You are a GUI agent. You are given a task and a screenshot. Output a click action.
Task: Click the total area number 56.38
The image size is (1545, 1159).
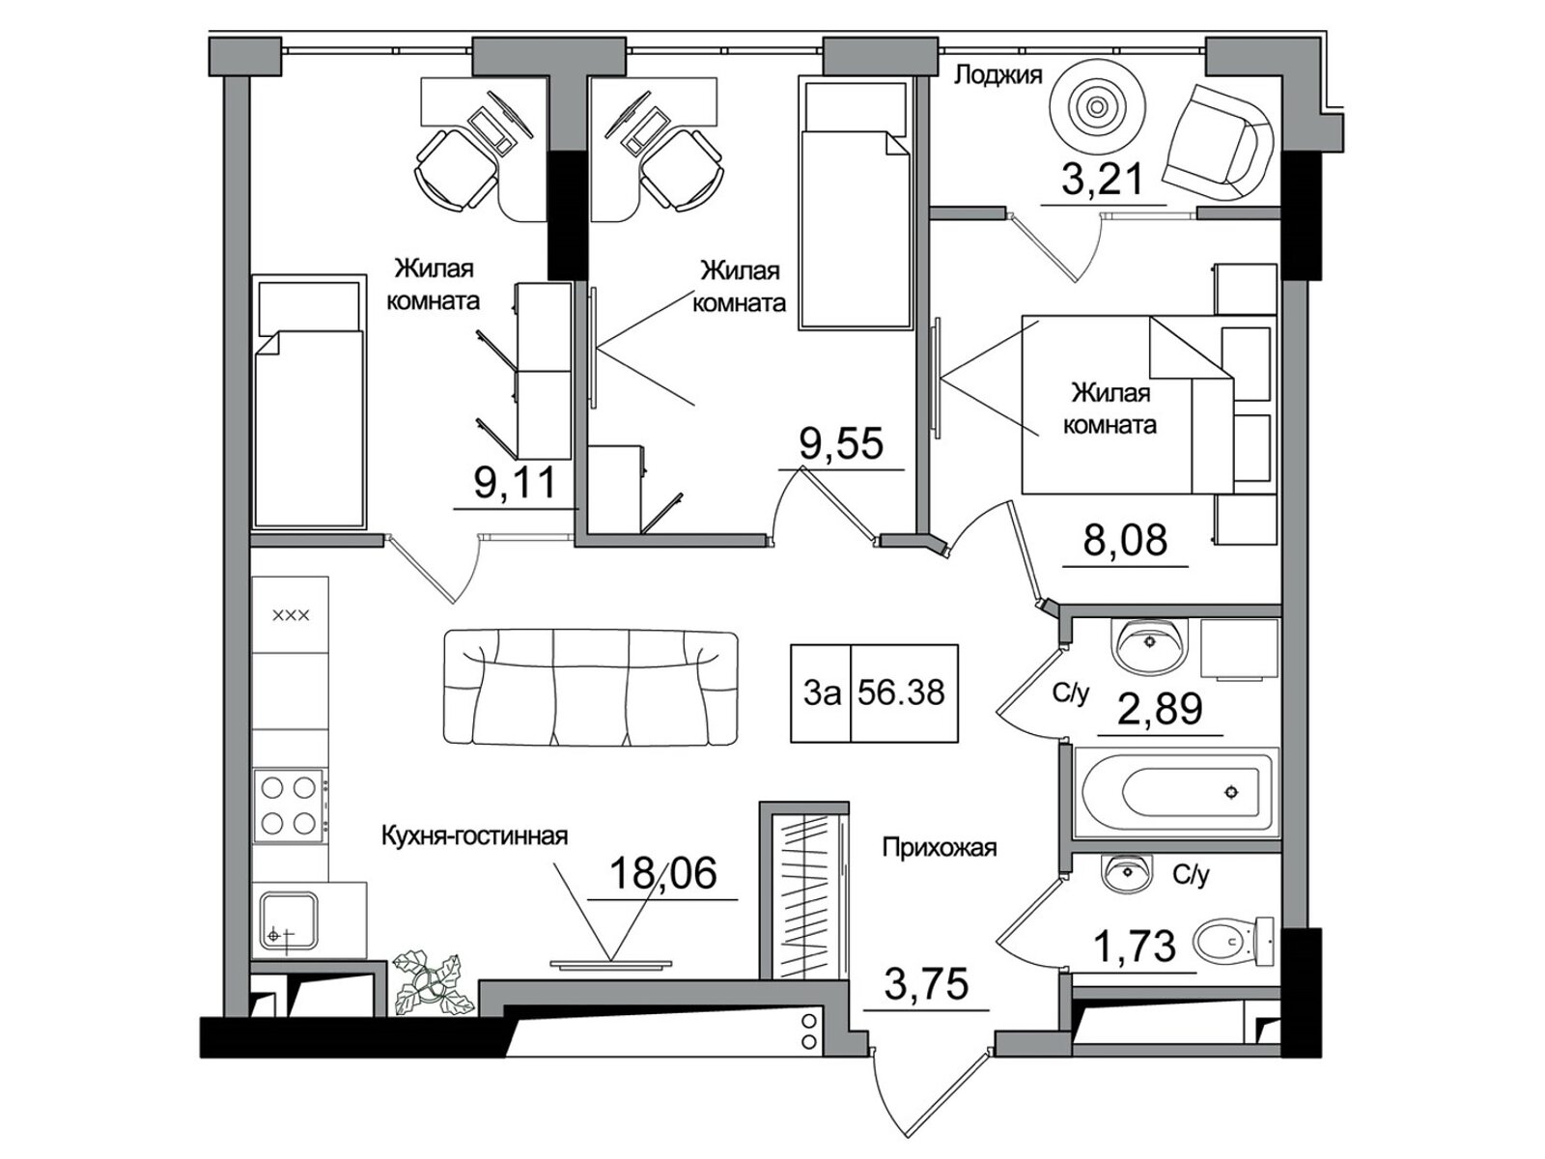pos(901,693)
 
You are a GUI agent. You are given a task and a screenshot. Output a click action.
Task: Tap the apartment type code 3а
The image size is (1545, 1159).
pos(822,693)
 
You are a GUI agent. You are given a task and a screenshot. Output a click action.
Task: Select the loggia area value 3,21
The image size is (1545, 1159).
pos(1101,181)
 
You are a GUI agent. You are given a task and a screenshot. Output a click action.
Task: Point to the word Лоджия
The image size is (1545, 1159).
pos(997,75)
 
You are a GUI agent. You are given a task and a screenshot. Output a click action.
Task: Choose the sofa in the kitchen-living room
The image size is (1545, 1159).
pos(591,688)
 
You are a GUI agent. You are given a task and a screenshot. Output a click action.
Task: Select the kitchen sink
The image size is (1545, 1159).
pos(290,921)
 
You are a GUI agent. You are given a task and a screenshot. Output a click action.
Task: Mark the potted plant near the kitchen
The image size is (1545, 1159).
pos(430,983)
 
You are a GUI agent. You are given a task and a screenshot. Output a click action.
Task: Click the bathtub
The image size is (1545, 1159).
pos(1175,792)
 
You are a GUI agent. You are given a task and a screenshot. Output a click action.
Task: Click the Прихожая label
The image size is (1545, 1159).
pos(939,847)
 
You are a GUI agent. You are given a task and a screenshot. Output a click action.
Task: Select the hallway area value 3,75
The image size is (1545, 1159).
pos(926,984)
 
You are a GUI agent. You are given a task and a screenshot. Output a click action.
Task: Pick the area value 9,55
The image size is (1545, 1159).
pos(841,443)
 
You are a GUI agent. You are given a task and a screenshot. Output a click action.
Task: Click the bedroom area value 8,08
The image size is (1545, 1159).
pos(1126,540)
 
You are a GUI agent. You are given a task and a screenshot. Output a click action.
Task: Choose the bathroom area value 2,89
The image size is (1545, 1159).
pos(1160,709)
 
